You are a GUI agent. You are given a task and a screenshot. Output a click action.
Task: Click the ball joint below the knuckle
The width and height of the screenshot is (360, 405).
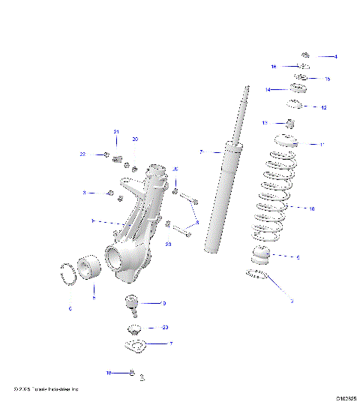point(132,304)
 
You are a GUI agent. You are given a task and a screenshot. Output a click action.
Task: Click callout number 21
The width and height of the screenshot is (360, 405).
point(116,132)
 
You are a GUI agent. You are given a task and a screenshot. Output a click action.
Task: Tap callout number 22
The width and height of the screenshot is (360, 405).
point(83,154)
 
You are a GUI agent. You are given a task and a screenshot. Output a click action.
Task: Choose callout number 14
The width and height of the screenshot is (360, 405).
point(267,89)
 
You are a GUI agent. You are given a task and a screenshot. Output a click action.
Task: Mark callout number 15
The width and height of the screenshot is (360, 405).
point(327,79)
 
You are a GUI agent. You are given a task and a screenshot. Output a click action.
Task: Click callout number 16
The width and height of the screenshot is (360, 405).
point(274,67)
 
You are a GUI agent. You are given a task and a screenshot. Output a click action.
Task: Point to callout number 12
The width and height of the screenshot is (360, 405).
point(324,107)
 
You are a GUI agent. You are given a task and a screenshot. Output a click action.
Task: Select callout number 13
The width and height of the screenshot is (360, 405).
point(265,122)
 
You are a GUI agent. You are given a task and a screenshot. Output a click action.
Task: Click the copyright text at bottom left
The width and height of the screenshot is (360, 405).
point(45,388)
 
